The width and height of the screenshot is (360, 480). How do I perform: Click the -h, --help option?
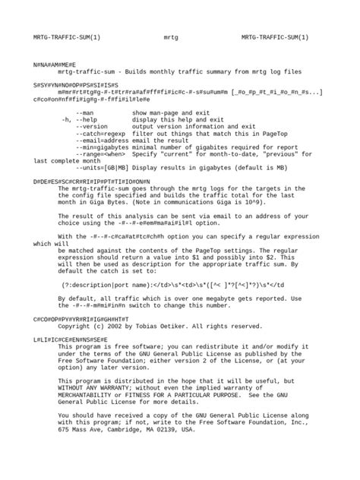[x=80, y=119]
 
